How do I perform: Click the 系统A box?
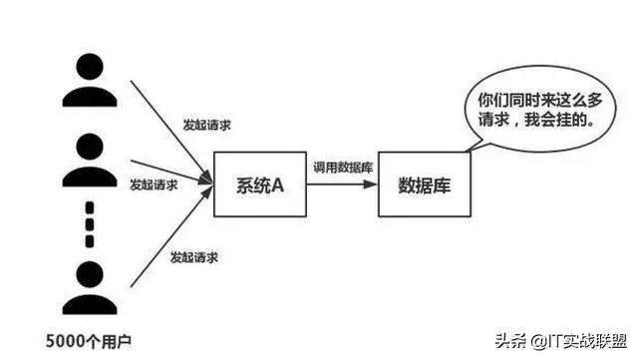click(x=256, y=184)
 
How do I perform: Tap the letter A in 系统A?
click(x=278, y=184)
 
